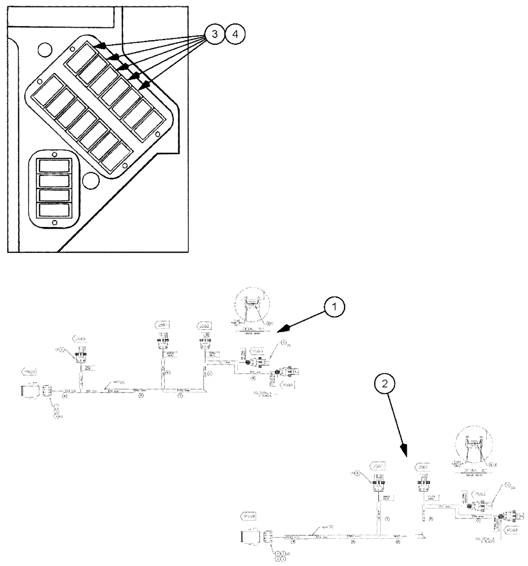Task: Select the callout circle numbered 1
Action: click(x=335, y=307)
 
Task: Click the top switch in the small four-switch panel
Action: click(x=54, y=166)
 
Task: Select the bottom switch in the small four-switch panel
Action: click(x=54, y=210)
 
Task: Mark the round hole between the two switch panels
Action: click(x=88, y=182)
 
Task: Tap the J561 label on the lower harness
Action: click(x=378, y=465)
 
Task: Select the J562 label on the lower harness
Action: click(x=422, y=466)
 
